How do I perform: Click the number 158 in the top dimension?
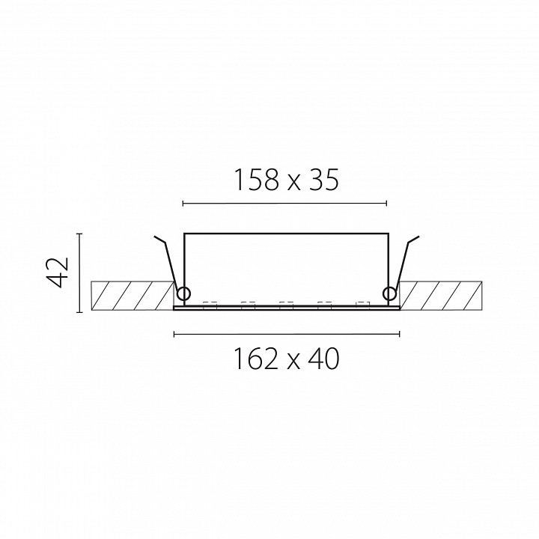256,180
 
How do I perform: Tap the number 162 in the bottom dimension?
256,359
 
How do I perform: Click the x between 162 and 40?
293,362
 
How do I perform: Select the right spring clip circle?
390,294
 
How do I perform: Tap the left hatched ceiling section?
133,296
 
